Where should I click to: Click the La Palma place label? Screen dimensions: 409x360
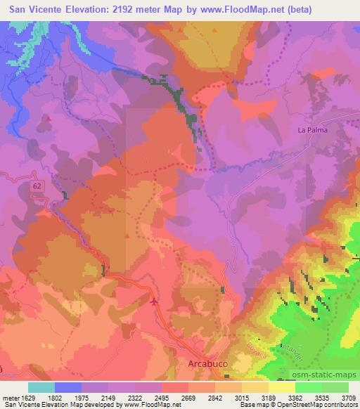pyautogui.click(x=314, y=130)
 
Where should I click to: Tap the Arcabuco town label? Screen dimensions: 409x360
pyautogui.click(x=210, y=364)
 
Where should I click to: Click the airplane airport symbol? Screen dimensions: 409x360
pyautogui.click(x=154, y=301)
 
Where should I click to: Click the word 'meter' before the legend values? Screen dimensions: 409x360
pyautogui.click(x=11, y=397)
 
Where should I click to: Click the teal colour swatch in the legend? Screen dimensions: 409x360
pyautogui.click(x=41, y=387)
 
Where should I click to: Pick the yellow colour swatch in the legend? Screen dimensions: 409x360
pyautogui.click(x=282, y=387)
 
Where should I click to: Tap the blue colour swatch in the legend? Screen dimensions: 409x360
pyautogui.click(x=68, y=387)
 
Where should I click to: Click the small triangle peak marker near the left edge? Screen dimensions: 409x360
pyautogui.click(x=48, y=118)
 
